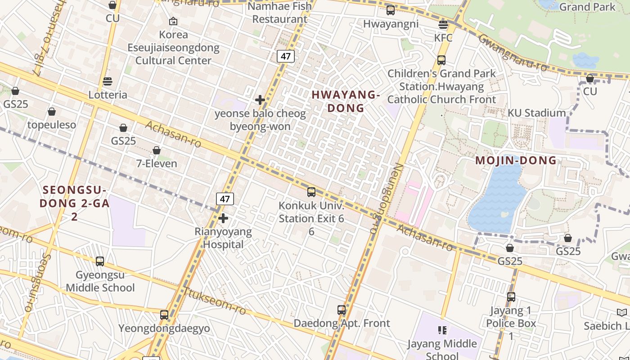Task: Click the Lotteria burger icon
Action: [107, 81]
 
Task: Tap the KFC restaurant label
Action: [443, 38]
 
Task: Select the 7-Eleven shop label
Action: [157, 163]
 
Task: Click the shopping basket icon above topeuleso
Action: [52, 112]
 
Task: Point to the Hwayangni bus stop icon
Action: [391, 10]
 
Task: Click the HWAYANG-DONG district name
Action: [346, 101]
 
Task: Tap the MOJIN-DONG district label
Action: [516, 161]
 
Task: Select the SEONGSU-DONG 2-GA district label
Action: [75, 203]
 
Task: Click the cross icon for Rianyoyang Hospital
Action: [223, 218]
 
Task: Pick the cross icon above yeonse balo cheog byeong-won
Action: [260, 100]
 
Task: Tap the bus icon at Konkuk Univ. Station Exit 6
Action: [311, 192]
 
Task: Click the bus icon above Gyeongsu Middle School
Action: [100, 261]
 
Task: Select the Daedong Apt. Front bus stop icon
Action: [342, 310]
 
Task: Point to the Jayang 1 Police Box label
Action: [511, 323]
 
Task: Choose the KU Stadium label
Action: [536, 113]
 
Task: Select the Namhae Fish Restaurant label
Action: [279, 13]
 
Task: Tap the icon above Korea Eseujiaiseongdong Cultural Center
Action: [173, 21]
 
